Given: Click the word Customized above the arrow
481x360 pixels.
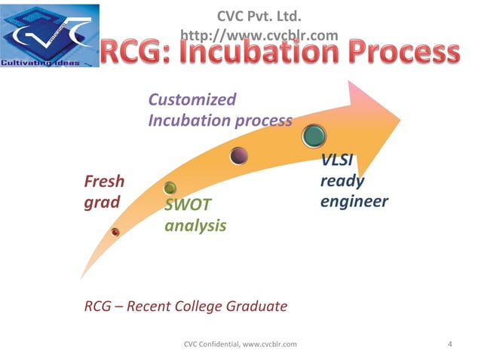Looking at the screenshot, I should [192, 99].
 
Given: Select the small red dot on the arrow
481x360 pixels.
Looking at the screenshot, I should [115, 232].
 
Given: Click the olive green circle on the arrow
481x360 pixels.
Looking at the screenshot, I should [170, 188].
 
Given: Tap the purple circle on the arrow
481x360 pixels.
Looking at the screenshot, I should [239, 156].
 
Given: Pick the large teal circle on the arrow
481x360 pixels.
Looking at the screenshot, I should [314, 136].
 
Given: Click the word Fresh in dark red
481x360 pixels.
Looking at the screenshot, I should [104, 182].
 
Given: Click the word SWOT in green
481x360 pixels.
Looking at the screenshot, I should [188, 205].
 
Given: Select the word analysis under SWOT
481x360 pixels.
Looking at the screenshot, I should [195, 225].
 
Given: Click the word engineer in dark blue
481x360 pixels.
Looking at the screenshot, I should [354, 201].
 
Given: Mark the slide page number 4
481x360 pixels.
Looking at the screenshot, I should [450, 344].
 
